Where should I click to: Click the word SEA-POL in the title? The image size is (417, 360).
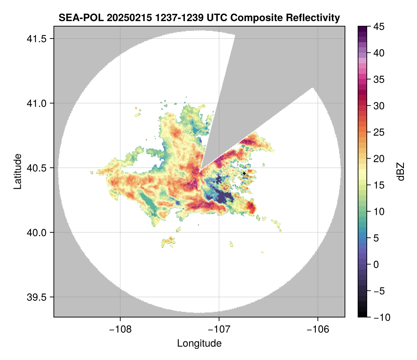76,17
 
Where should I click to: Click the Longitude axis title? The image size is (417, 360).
199,343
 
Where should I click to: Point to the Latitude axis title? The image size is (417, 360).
17,171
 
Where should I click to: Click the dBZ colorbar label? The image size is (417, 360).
401,172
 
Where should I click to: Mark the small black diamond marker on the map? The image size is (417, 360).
244,174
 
